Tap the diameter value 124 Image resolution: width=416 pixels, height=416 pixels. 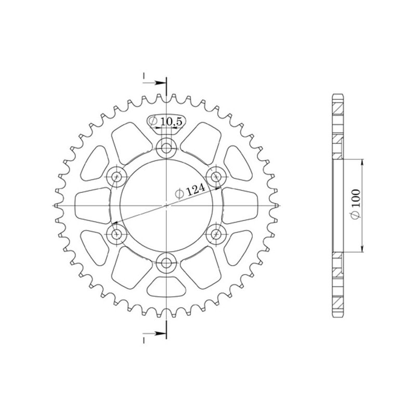[194, 191]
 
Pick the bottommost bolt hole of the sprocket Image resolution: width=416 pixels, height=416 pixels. [166, 263]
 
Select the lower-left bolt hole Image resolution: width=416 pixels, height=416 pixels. [117, 235]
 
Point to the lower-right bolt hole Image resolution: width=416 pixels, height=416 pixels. [215, 235]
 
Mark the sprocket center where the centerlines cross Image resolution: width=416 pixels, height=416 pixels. [166, 206]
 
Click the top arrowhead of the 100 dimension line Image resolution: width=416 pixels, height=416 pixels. [362, 161]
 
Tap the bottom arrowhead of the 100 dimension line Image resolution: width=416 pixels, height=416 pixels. [362, 251]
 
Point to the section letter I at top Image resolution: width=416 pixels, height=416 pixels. [144, 77]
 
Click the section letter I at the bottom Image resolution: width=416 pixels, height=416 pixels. [144, 339]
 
